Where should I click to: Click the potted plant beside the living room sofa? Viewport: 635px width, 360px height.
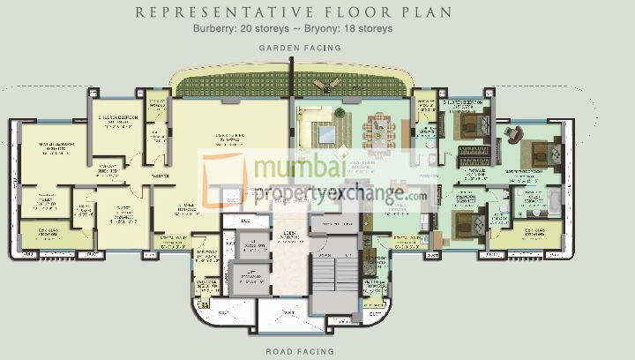tap(304, 112)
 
